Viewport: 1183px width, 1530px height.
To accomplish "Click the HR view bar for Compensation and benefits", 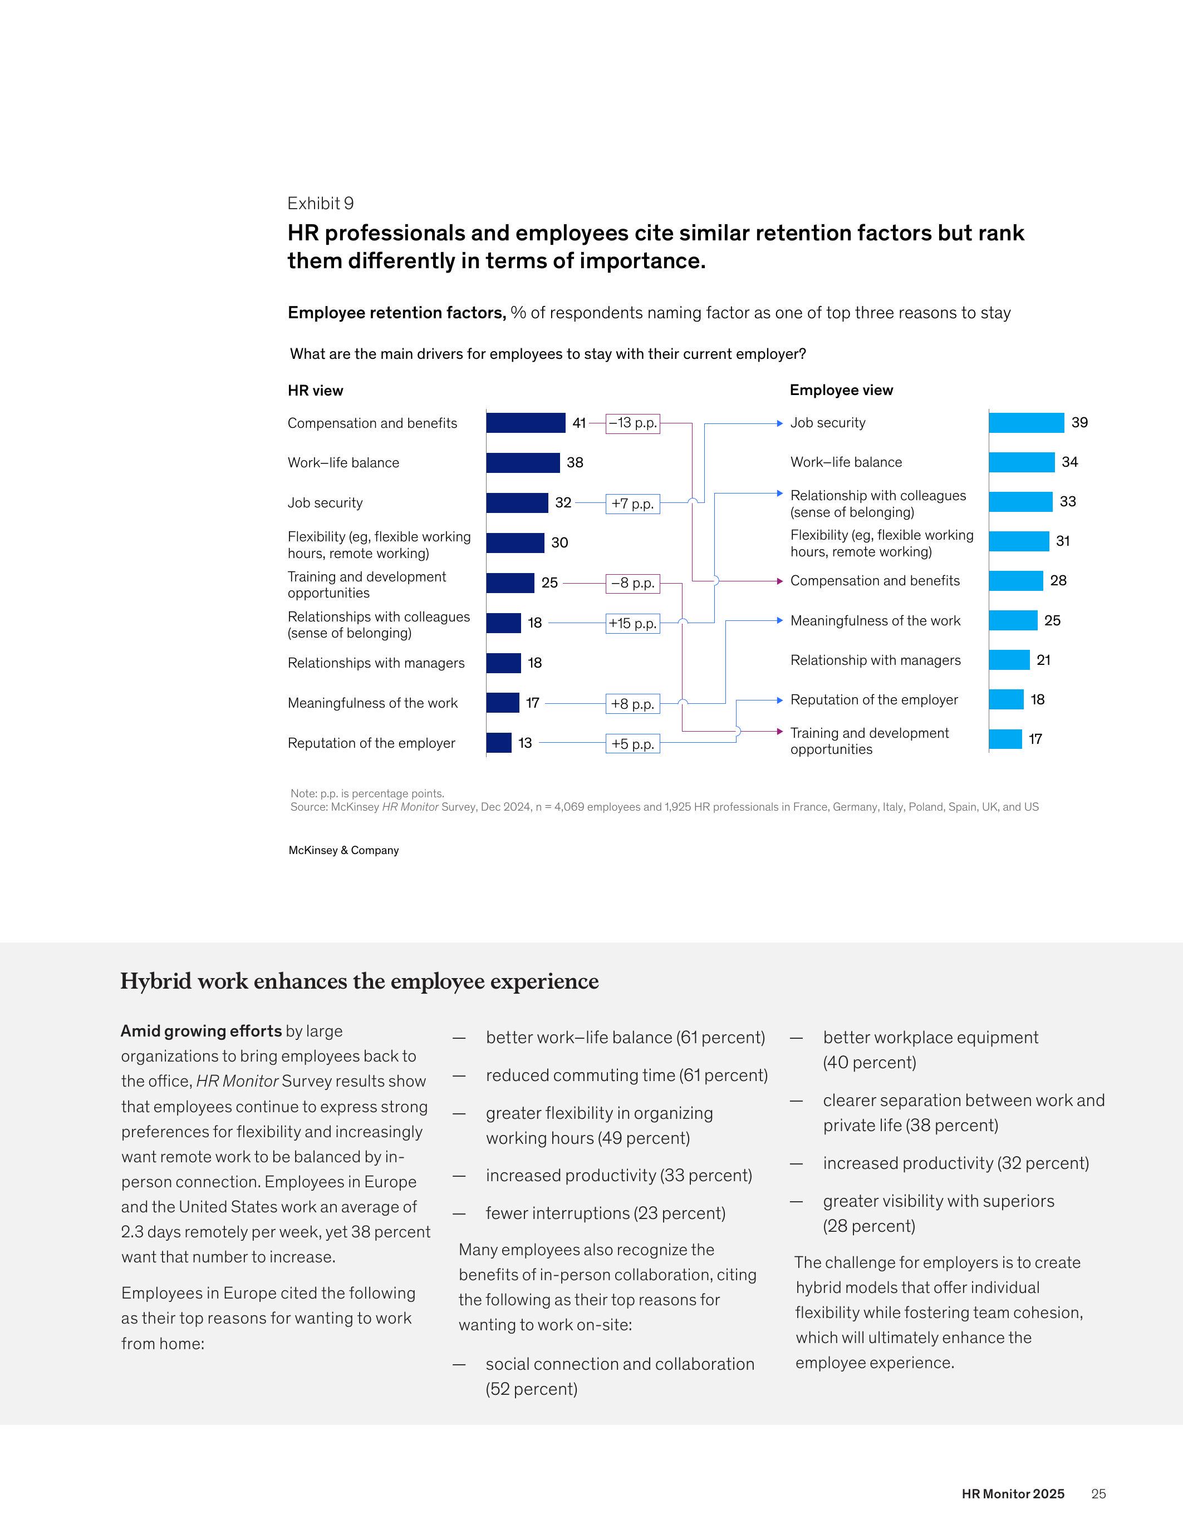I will [526, 423].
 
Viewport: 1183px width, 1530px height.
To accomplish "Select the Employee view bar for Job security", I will [1026, 423].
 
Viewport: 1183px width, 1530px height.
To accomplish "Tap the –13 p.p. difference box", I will [633, 423].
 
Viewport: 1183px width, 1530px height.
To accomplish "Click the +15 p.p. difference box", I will [633, 624].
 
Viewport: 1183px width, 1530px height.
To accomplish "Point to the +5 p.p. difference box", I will [633, 744].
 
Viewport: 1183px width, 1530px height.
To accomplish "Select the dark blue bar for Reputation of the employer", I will [499, 743].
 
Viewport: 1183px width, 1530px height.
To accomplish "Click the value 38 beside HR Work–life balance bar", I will [575, 462].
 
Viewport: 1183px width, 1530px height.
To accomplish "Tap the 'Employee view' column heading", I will [841, 390].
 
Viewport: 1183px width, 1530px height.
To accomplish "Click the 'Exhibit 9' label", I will [320, 203].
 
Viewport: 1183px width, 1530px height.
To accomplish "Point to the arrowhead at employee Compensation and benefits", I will [779, 581].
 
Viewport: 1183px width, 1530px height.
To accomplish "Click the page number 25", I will [1098, 1494].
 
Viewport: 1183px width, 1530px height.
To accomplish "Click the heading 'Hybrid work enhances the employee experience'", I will [360, 981].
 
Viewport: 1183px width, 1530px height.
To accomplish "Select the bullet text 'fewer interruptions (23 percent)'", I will [606, 1213].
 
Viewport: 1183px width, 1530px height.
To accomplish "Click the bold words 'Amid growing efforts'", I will [201, 1031].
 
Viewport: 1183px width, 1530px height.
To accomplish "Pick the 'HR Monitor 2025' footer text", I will [1013, 1494].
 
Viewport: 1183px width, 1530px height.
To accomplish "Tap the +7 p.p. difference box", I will [633, 504].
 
